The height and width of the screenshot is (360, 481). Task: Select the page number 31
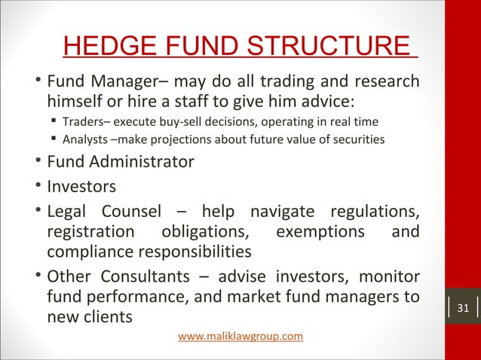pyautogui.click(x=463, y=308)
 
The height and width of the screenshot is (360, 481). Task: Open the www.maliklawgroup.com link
pyautogui.click(x=240, y=335)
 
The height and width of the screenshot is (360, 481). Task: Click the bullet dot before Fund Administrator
pyautogui.click(x=38, y=161)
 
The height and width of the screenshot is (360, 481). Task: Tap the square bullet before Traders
pyautogui.click(x=54, y=121)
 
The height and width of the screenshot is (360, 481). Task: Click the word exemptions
pyautogui.click(x=322, y=229)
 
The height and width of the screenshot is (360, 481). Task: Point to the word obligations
pyautogui.click(x=204, y=229)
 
